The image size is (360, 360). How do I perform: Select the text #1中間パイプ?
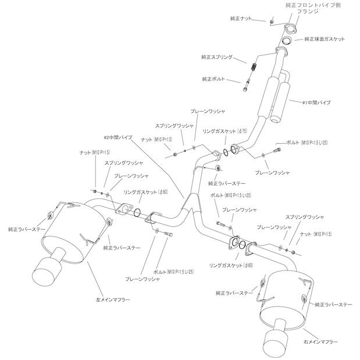click(316, 102)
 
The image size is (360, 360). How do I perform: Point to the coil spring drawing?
click(254, 67)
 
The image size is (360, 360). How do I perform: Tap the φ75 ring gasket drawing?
click(234, 151)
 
